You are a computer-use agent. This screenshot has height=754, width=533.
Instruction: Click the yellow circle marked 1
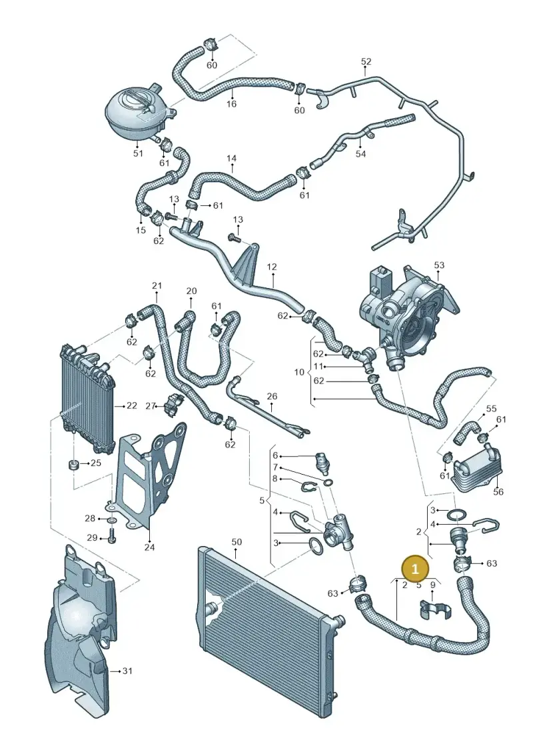click(x=416, y=569)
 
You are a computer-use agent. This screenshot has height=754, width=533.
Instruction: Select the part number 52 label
click(x=366, y=61)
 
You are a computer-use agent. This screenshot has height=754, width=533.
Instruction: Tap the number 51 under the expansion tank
click(x=138, y=153)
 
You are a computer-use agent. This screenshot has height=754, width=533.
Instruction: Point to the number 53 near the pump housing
click(x=439, y=265)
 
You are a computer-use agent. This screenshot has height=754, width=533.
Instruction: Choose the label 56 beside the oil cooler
click(x=498, y=492)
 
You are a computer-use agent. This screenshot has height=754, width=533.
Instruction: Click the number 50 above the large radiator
click(x=237, y=542)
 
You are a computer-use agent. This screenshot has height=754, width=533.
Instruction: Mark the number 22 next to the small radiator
click(x=132, y=406)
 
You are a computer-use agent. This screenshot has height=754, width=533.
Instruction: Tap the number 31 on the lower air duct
click(x=127, y=671)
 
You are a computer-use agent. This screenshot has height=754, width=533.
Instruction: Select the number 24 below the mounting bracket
click(x=149, y=547)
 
